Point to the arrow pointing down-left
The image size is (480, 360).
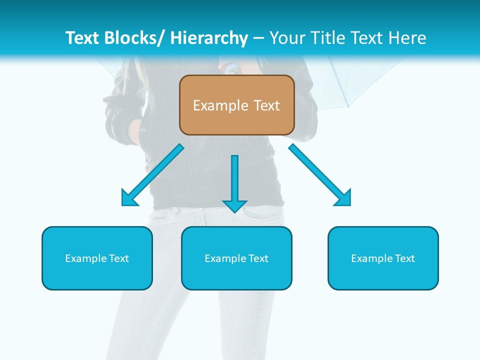click(x=152, y=175)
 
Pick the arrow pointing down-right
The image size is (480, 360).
click(x=320, y=175)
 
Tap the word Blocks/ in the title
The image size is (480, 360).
click(x=134, y=38)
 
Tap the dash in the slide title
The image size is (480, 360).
click(x=258, y=38)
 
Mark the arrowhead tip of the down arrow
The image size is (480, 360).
click(x=235, y=212)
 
